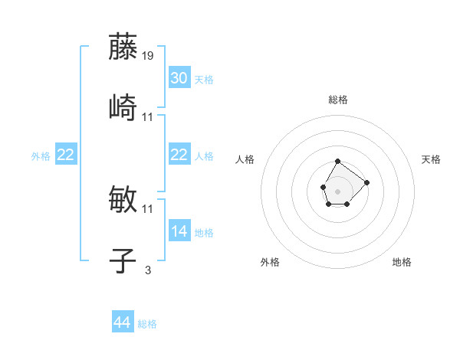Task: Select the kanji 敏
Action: tap(123, 199)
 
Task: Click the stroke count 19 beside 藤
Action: tap(148, 56)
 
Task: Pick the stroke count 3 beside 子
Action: tap(147, 270)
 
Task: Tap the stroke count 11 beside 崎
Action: tap(148, 116)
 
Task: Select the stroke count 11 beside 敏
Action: tap(148, 208)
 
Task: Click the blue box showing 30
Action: tap(179, 78)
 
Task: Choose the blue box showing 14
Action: tap(179, 231)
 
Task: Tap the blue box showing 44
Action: tap(122, 322)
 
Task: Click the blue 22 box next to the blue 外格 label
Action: tap(65, 155)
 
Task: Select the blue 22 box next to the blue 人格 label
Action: tap(179, 155)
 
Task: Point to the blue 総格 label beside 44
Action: tap(147, 324)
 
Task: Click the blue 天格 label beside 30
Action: tap(203, 80)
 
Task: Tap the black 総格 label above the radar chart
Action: tap(338, 100)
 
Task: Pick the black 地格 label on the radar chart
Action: tap(402, 262)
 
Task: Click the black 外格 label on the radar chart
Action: tap(270, 262)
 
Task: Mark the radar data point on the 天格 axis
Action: tap(366, 182)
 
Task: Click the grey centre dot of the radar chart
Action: tap(337, 190)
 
